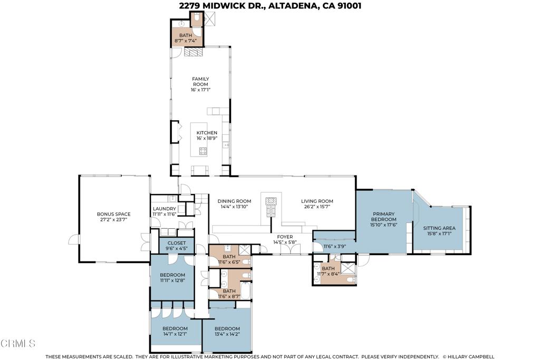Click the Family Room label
coord(200,82)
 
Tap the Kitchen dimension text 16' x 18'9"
coord(207,138)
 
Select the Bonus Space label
coord(114,214)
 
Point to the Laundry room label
coord(165,209)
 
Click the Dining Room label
coord(234,201)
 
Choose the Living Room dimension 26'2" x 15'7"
coord(317,207)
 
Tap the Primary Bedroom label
coord(384,217)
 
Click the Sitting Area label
coord(439,228)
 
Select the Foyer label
coord(285,237)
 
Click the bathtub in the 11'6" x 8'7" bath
coord(246,290)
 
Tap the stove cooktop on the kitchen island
coord(203,151)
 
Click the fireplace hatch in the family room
coord(192,52)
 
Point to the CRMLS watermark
coord(18,343)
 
